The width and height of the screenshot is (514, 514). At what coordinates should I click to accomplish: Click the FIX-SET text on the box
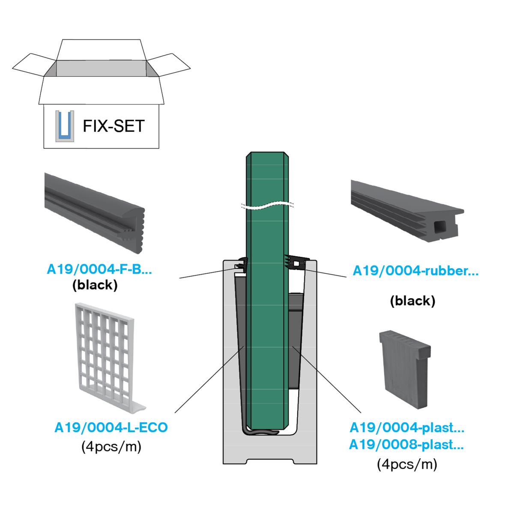[114, 126]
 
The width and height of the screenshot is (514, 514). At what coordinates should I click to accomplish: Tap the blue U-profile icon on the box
[65, 126]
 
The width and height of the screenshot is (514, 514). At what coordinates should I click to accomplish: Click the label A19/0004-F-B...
[99, 270]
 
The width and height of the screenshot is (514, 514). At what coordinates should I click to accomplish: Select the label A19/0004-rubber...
[415, 271]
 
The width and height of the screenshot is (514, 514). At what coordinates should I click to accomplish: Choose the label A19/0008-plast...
[406, 445]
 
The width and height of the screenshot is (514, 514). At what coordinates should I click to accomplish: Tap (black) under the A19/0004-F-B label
[95, 285]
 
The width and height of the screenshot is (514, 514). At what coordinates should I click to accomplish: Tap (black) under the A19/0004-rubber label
[412, 301]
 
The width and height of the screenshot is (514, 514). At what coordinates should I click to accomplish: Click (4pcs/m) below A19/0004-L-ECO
[111, 447]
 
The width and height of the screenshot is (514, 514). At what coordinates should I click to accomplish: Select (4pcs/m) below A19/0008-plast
[407, 464]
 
